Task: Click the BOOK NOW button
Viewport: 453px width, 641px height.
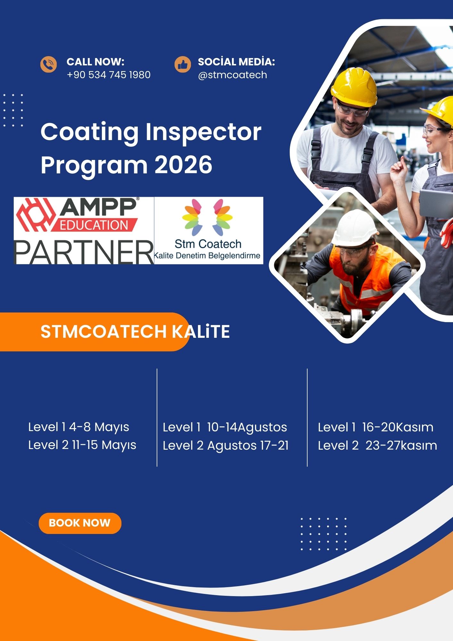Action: (80, 523)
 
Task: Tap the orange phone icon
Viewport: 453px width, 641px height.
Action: (48, 64)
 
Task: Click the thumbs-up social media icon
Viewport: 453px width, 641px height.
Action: (183, 64)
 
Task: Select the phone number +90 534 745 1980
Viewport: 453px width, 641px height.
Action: (109, 75)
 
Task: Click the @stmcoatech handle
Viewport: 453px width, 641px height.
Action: (233, 75)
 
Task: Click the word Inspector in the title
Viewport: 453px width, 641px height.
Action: (203, 132)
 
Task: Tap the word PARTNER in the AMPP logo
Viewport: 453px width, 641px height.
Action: (84, 252)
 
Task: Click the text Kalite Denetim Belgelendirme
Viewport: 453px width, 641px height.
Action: (207, 256)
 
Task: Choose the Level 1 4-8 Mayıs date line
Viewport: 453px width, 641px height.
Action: (79, 428)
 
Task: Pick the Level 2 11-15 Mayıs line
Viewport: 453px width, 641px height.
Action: (82, 445)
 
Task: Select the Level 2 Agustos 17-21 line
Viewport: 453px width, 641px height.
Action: (226, 446)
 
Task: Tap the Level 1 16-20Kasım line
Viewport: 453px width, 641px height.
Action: (375, 427)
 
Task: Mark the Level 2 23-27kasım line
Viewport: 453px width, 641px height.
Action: (377, 445)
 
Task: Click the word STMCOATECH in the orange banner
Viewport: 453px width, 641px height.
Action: (103, 331)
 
